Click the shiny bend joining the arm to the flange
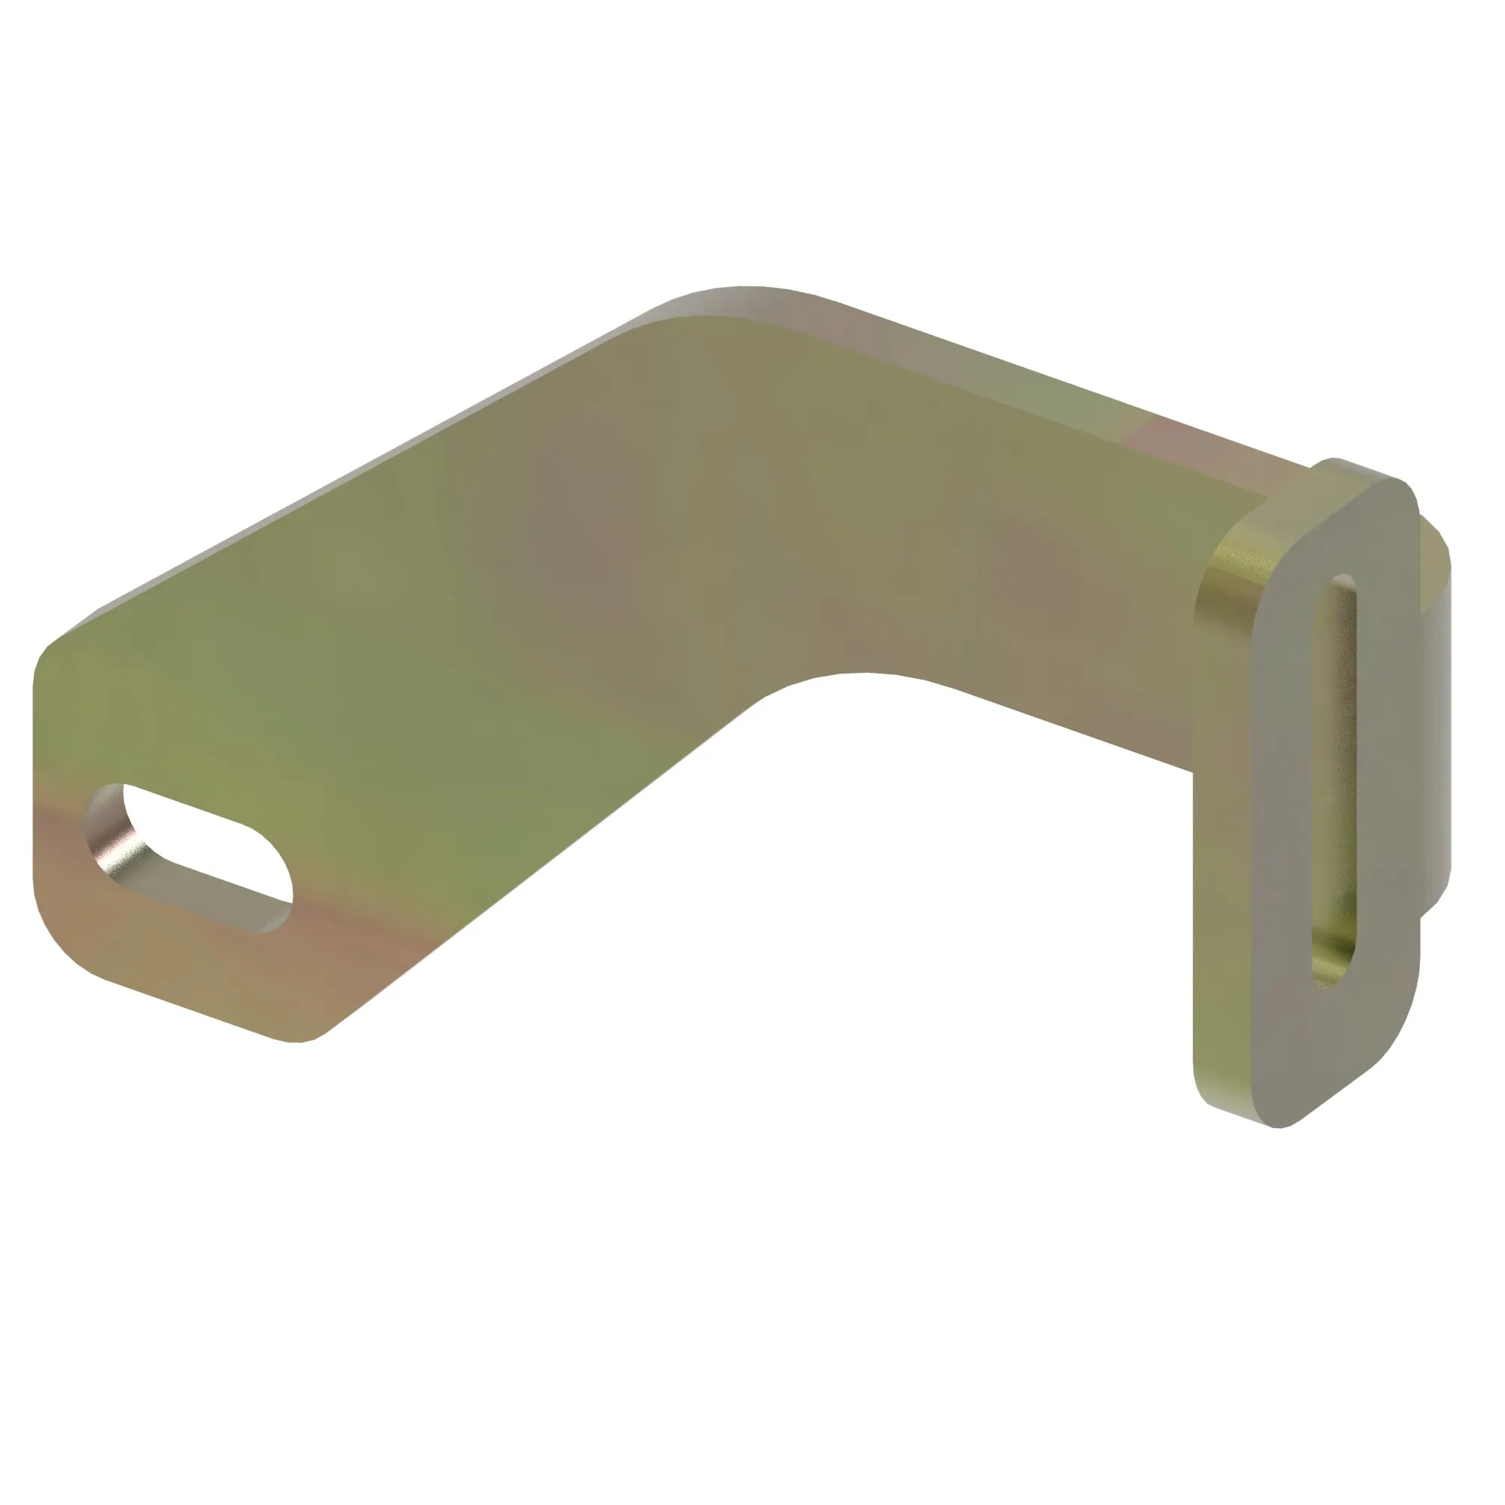click(x=1223, y=569)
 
